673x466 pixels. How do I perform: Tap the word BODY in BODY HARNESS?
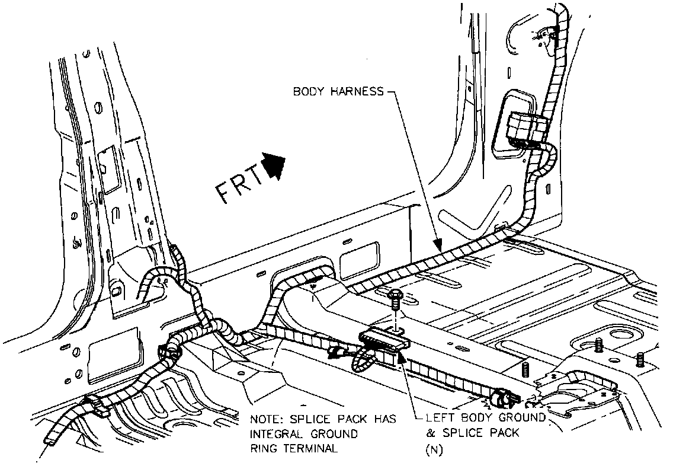pyautogui.click(x=308, y=92)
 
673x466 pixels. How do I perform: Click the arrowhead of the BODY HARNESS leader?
pyautogui.click(x=437, y=244)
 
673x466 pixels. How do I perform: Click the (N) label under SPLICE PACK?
pyautogui.click(x=434, y=449)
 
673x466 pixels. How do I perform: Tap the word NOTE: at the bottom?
pyautogui.click(x=265, y=419)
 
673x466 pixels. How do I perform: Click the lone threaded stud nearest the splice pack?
pyautogui.click(x=525, y=370)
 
